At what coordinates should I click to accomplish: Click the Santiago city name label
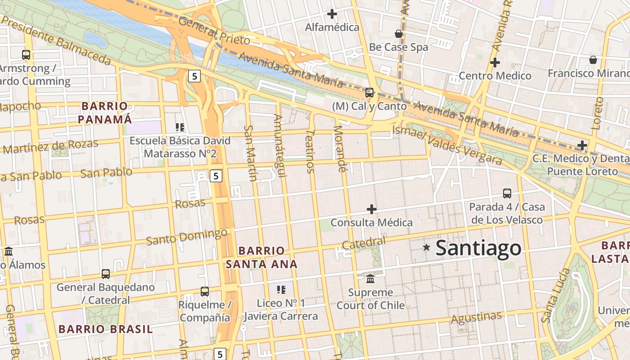click(478, 248)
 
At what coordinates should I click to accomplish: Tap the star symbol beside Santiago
click(426, 247)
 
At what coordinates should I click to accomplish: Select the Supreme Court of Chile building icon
click(370, 279)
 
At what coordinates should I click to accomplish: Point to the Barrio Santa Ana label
click(261, 257)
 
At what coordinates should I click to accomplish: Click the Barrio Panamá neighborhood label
click(105, 112)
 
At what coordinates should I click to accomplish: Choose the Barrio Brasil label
click(106, 329)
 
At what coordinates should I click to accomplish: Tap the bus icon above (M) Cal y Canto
click(369, 93)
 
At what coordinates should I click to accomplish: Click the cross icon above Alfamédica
click(332, 14)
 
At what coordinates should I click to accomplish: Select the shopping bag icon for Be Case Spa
click(398, 34)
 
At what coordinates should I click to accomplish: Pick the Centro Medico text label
click(495, 76)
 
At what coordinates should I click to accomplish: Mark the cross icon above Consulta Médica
click(372, 209)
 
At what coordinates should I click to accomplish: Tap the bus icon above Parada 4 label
click(507, 193)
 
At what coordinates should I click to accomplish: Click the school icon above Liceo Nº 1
click(281, 290)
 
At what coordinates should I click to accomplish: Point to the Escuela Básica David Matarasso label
click(180, 147)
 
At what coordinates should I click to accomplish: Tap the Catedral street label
click(364, 243)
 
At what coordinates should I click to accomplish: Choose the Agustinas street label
click(476, 318)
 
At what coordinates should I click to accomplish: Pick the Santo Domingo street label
click(187, 237)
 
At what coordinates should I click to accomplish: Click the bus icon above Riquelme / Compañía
click(205, 292)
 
